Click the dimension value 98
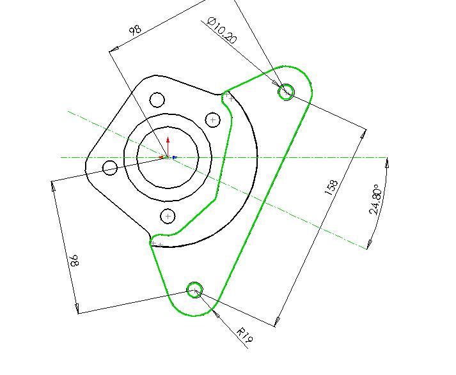(x=135, y=30)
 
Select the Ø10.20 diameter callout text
(x=222, y=31)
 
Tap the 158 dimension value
(x=331, y=188)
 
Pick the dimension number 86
(x=74, y=260)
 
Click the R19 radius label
(x=245, y=335)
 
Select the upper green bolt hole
(x=286, y=91)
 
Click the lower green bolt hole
(x=194, y=289)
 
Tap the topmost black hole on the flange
(x=157, y=100)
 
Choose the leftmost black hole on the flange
(x=110, y=168)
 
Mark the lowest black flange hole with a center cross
(x=168, y=216)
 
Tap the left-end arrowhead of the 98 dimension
(x=113, y=50)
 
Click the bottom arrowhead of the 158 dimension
(x=277, y=321)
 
